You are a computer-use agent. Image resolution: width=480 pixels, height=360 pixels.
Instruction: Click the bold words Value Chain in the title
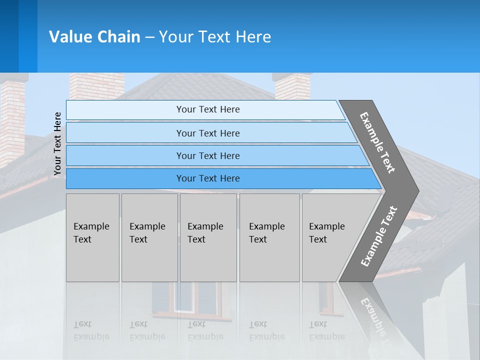click(94, 37)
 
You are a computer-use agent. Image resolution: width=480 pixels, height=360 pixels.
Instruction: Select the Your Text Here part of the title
click(215, 37)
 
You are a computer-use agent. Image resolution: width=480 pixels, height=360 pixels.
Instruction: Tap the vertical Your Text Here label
click(57, 144)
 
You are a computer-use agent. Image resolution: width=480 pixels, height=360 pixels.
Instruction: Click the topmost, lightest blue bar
click(207, 109)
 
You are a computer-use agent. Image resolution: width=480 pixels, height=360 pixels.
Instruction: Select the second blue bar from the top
click(207, 133)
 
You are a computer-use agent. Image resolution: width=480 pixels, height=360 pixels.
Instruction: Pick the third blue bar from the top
click(207, 155)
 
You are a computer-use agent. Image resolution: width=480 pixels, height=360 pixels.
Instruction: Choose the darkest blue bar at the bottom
click(207, 178)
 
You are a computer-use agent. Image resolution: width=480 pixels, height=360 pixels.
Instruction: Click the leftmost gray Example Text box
click(92, 237)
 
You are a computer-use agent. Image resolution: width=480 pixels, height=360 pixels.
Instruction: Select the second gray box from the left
click(149, 237)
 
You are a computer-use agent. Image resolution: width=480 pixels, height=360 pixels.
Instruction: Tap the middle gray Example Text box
click(208, 237)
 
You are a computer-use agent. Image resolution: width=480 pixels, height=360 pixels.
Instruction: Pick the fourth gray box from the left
click(269, 237)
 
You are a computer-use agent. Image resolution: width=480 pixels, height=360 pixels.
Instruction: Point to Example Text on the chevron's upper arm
click(378, 142)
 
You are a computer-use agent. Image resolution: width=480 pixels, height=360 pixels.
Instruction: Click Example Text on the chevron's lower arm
click(379, 236)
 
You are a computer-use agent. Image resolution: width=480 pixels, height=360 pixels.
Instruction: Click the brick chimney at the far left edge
click(12, 120)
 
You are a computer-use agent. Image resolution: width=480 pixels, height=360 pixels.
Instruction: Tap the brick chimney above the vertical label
click(96, 86)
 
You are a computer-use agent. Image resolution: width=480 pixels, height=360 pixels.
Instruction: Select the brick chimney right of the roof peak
click(292, 86)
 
